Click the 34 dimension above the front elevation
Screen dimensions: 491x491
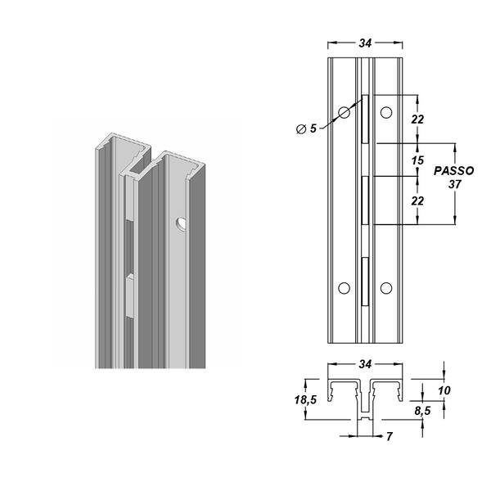pos(365,36)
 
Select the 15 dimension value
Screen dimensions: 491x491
pos(418,160)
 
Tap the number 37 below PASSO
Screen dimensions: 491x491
pos(455,184)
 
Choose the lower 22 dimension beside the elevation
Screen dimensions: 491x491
pos(418,200)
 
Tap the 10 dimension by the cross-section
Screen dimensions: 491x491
pos(444,391)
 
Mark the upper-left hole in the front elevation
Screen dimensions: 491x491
pos(344,112)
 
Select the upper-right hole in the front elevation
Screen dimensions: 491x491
pos(386,112)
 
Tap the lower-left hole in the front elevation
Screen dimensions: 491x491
pos(344,287)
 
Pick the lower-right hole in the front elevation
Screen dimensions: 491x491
pos(386,287)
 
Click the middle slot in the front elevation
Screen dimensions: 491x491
pos(365,200)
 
